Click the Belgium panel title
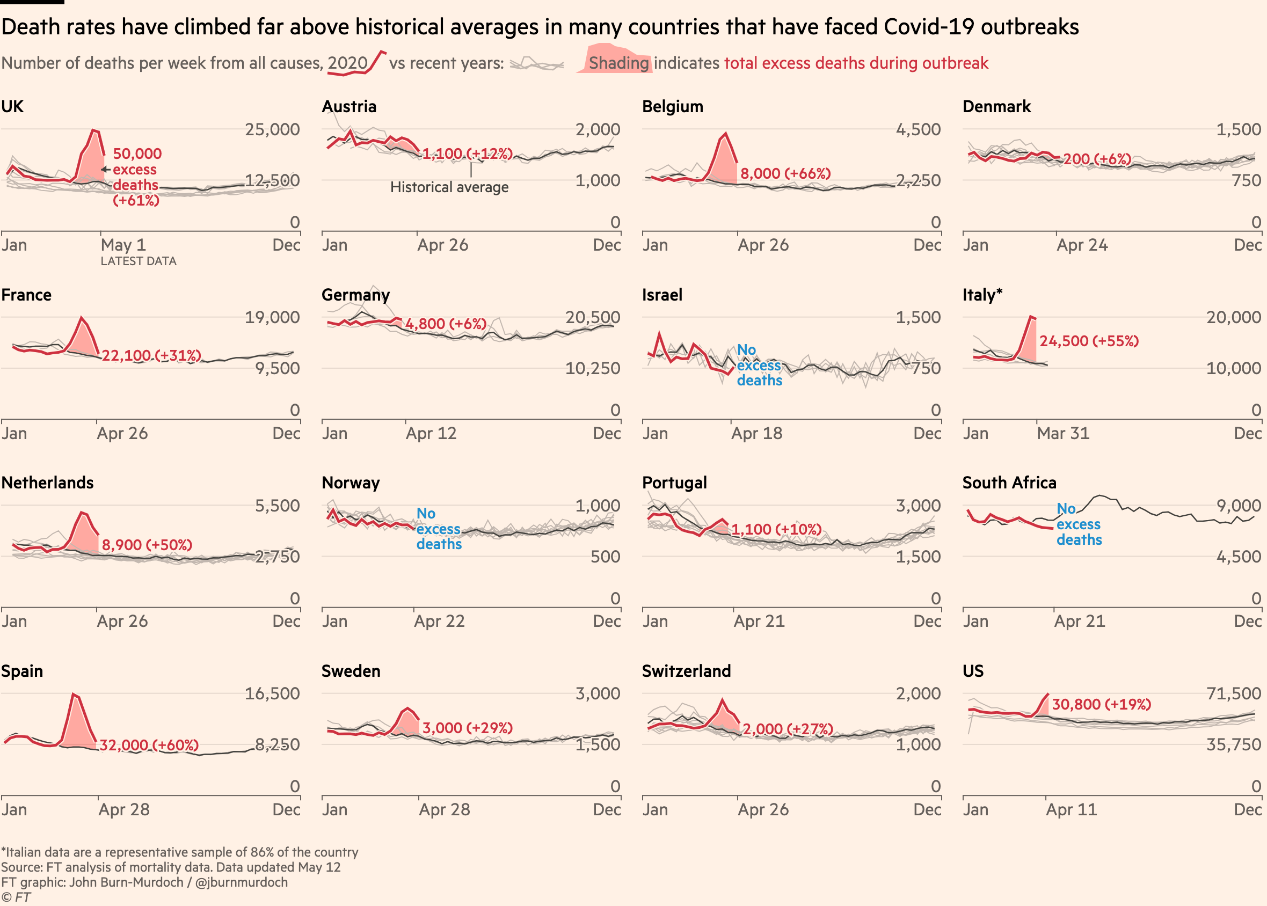click(x=672, y=107)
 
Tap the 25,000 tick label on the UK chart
click(x=272, y=129)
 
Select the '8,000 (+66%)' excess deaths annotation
click(x=785, y=173)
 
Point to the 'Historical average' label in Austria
click(x=449, y=187)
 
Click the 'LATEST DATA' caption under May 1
click(x=139, y=261)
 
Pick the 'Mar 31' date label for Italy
click(x=1063, y=434)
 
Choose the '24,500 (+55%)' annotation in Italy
click(x=1088, y=341)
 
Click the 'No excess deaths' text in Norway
click(x=439, y=529)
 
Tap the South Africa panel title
click(x=1009, y=483)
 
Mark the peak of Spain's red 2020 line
click(x=73, y=694)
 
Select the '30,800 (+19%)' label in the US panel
click(x=1101, y=705)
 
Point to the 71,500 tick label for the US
click(x=1234, y=693)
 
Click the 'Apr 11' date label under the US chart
click(x=1071, y=809)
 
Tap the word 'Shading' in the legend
click(x=618, y=63)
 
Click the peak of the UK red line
click(x=93, y=130)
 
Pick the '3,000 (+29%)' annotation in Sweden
click(x=467, y=728)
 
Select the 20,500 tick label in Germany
click(x=593, y=317)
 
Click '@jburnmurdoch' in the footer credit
click(x=241, y=882)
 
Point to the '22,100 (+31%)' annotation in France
click(x=151, y=355)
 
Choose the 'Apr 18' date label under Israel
click(x=756, y=434)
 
